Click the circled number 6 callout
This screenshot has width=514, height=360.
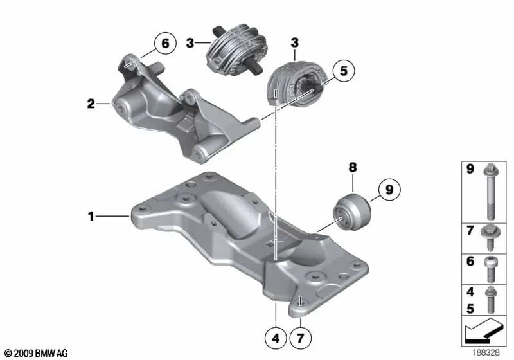click(x=164, y=44)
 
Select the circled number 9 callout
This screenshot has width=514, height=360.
click(x=387, y=190)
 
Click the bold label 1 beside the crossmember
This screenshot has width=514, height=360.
click(x=91, y=217)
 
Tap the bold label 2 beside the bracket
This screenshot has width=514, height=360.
click(x=91, y=102)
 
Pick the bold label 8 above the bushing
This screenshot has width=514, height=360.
click(x=352, y=168)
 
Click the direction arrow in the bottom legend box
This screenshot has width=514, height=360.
click(x=485, y=334)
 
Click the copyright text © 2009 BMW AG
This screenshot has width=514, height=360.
click(x=35, y=353)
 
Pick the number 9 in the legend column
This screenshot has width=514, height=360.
click(x=470, y=170)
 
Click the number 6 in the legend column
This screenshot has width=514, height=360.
click(x=470, y=263)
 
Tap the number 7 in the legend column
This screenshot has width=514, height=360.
click(x=470, y=230)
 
